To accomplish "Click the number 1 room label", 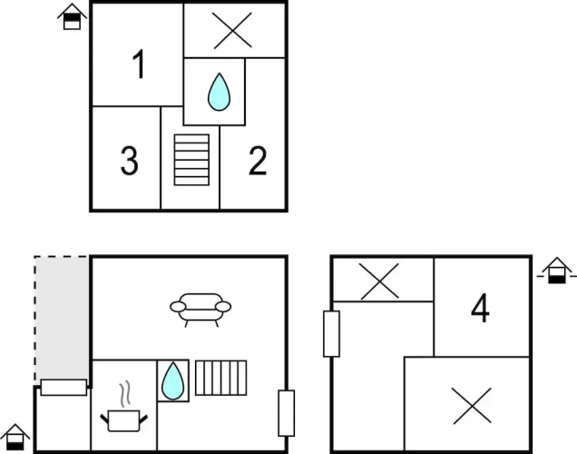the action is (139, 64).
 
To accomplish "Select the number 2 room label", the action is (258, 161).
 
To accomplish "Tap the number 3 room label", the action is (129, 161).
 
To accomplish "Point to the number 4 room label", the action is (480, 308).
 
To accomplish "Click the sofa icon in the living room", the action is (200, 310).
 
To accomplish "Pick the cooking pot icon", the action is (124, 420).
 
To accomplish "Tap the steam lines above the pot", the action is (125, 394).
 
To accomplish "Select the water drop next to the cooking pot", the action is (173, 380).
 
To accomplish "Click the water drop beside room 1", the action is (219, 92).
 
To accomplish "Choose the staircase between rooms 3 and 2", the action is (191, 160).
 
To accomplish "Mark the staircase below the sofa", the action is (220, 378).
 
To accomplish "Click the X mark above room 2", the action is (232, 31).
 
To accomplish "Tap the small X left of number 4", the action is (379, 281).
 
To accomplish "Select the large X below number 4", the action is (472, 406).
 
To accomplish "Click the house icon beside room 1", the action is (73, 16).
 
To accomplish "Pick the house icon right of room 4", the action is (557, 271).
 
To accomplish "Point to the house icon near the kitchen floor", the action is (15, 438).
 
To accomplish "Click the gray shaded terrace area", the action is (62, 318).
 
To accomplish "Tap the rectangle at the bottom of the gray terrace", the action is (64, 388).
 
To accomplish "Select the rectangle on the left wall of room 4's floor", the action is (331, 334).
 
